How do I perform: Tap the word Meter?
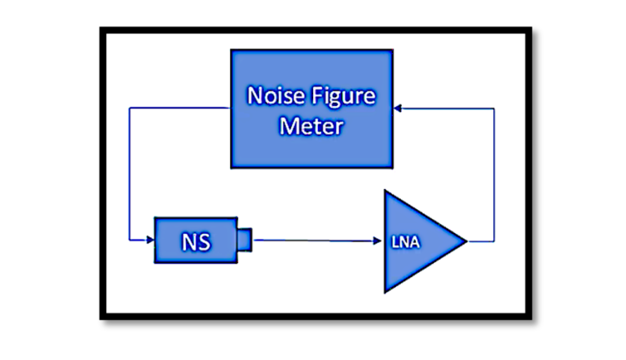point(311,126)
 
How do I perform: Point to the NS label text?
point(194,240)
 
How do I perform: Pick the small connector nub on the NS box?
point(244,239)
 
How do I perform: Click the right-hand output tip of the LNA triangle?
point(465,241)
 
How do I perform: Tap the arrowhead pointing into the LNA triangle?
point(378,240)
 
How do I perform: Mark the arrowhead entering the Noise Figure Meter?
point(397,108)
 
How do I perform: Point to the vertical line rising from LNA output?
point(495,175)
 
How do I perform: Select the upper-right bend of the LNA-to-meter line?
point(495,108)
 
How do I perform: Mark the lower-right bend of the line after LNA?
point(495,241)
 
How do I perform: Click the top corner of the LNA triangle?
point(386,192)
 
